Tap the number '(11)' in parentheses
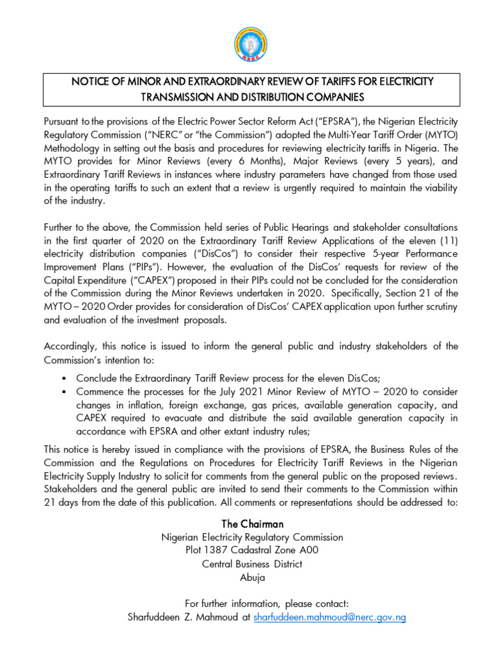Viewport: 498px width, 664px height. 446,239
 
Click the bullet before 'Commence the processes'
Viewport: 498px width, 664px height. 64,392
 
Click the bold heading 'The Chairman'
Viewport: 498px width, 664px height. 252,524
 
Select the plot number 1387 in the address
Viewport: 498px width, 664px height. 214,551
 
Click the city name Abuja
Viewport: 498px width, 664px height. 252,577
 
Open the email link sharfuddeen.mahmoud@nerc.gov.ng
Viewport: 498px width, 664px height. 329,618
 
